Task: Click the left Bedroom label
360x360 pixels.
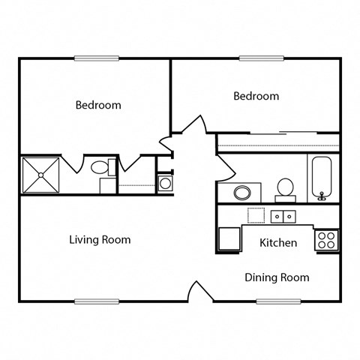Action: [97, 105]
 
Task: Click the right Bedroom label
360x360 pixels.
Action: [256, 96]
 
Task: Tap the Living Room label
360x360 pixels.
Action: [100, 240]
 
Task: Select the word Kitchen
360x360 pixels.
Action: [278, 243]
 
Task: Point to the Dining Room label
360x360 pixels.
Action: [277, 277]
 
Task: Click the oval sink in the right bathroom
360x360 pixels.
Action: [242, 192]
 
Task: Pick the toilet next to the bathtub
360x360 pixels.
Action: [285, 187]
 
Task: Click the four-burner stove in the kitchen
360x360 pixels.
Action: [326, 240]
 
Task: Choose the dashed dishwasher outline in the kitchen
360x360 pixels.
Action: [257, 215]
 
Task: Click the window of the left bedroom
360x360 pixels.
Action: [97, 58]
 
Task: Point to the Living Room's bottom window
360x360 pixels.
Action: [97, 301]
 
